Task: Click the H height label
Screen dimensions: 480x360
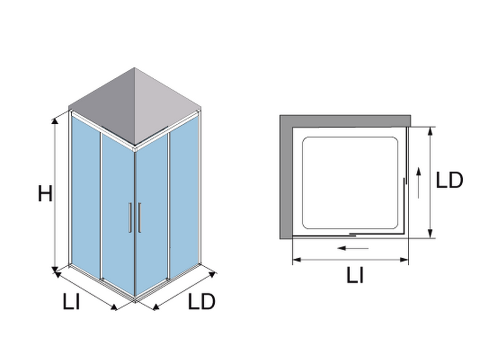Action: pos(45,194)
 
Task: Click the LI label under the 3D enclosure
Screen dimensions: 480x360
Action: pos(71,301)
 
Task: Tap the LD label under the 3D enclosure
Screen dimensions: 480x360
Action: pos(202,301)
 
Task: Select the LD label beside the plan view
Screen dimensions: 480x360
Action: pos(449,180)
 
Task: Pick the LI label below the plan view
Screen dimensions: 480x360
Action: pos(355,275)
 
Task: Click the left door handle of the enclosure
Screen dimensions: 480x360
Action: pos(130,217)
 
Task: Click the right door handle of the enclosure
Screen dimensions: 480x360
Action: pos(139,217)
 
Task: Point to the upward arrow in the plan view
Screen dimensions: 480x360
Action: pos(419,182)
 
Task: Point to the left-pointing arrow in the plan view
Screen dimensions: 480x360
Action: pos(352,248)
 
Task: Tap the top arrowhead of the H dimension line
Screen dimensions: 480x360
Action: pos(55,120)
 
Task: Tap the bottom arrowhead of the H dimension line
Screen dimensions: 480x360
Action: pos(55,270)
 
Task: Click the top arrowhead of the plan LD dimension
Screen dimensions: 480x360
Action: pos(430,131)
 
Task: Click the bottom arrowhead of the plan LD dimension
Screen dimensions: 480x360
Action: pos(430,233)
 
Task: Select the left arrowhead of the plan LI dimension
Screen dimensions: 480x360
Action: pos(297,260)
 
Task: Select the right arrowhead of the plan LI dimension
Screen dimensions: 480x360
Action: pos(404,260)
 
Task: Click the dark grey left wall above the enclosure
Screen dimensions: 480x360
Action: pos(102,107)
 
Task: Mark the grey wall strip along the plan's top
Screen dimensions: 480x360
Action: pos(345,121)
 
